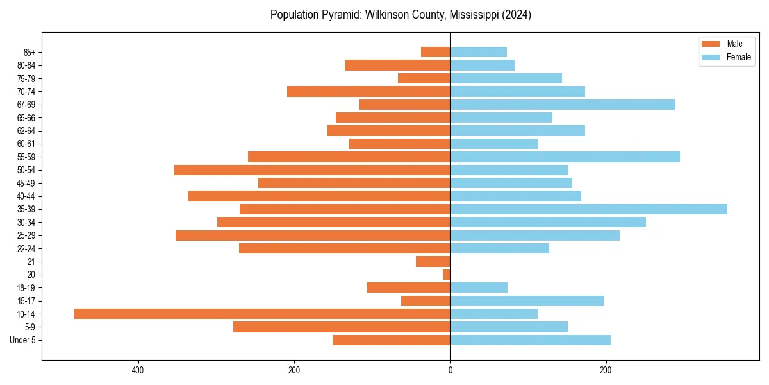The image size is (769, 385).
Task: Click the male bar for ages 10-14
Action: tap(262, 314)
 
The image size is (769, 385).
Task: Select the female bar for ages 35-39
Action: tap(588, 209)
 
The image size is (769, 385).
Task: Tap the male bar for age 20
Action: tap(447, 275)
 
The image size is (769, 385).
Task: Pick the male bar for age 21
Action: tap(433, 262)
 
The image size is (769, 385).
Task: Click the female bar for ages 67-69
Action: tap(563, 105)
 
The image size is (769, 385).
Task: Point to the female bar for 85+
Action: tap(478, 52)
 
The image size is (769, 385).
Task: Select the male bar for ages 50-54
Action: tap(312, 170)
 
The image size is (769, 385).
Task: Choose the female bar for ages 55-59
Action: tap(565, 157)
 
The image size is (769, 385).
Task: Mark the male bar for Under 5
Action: tap(391, 340)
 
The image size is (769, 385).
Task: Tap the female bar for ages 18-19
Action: tap(479, 287)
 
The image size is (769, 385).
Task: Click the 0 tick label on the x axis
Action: tap(450, 370)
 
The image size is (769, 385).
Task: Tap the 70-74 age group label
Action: tap(26, 92)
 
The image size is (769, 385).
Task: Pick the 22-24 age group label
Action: tap(26, 249)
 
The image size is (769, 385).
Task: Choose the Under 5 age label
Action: tap(23, 340)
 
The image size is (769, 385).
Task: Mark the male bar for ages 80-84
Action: tap(397, 65)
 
